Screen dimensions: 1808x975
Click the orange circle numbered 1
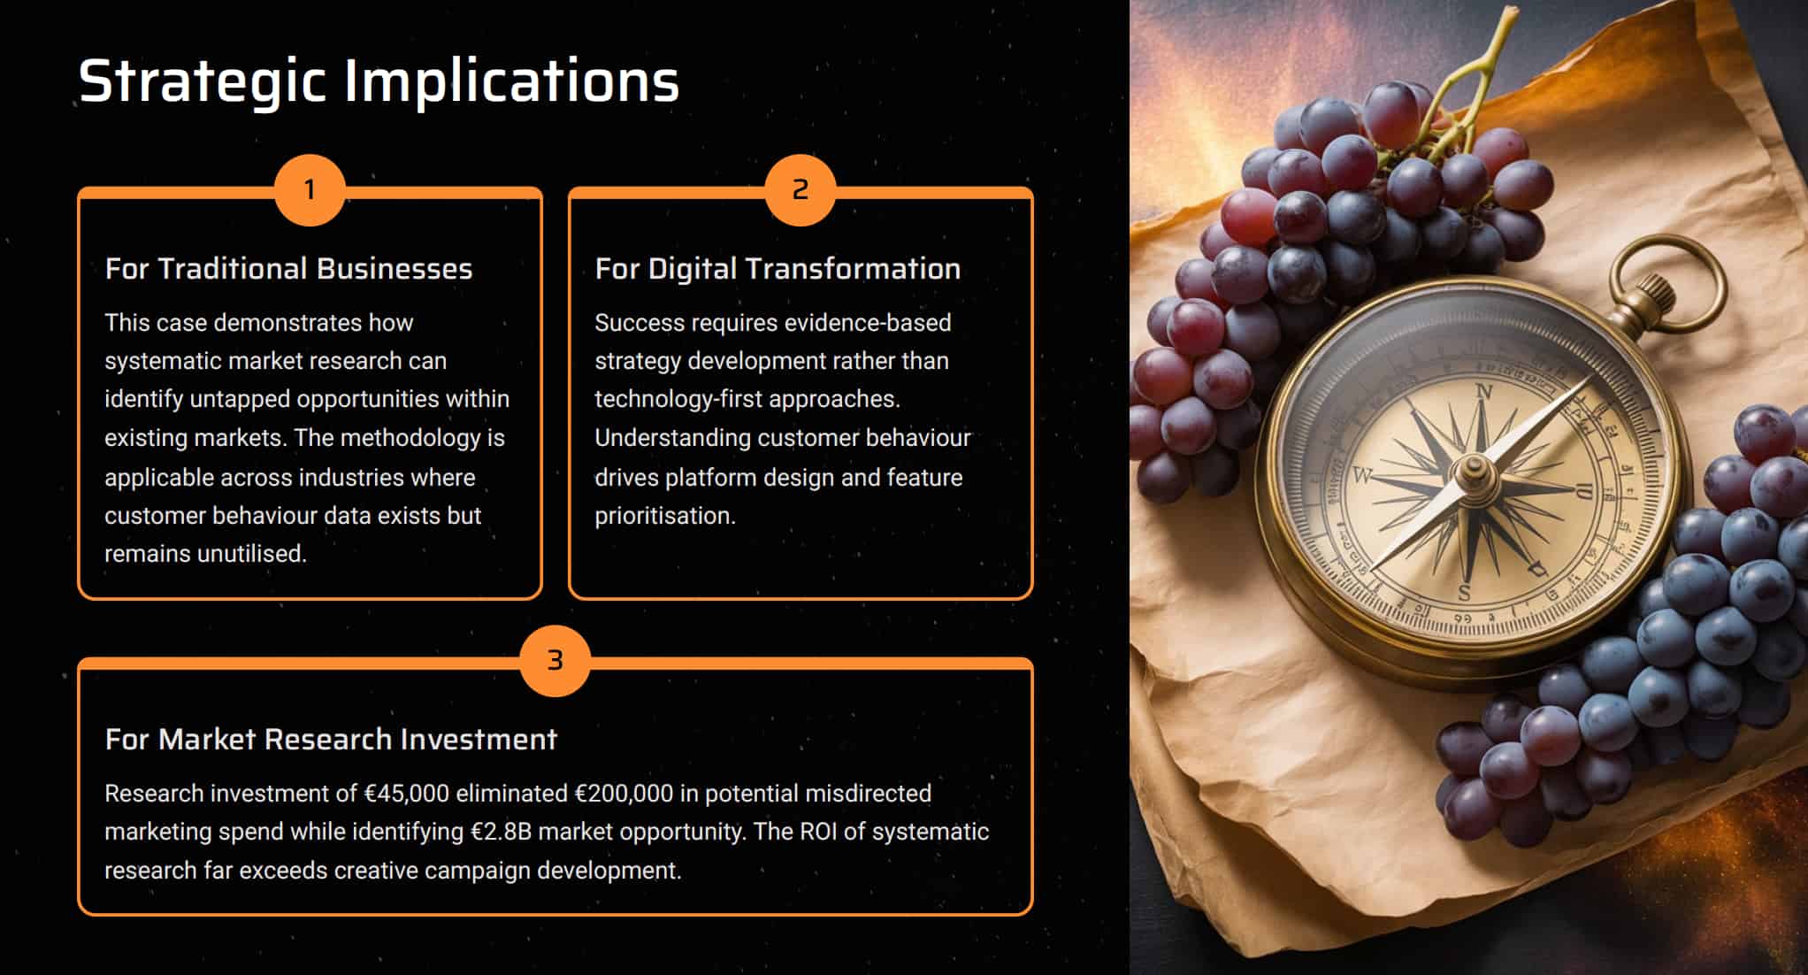[310, 190]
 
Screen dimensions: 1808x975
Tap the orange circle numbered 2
[801, 190]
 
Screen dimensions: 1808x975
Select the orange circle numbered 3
[555, 661]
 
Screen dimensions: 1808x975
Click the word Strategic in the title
[203, 82]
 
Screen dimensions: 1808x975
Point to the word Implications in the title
[512, 81]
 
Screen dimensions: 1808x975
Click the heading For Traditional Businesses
[288, 269]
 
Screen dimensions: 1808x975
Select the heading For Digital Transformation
[778, 269]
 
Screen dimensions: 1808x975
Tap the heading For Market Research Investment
[331, 740]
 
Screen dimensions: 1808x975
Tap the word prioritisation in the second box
[665, 516]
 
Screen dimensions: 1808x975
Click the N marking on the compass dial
[1483, 392]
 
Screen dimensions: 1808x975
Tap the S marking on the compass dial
[1464, 593]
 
